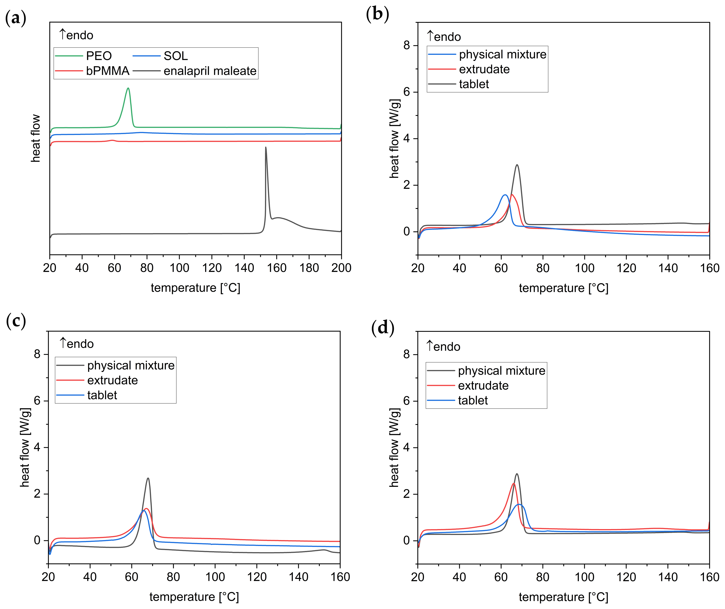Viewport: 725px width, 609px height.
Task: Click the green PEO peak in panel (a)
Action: pyautogui.click(x=128, y=88)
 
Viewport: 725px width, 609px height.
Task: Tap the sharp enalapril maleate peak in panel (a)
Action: pyautogui.click(x=266, y=148)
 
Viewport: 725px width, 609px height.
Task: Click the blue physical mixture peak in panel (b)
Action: pyautogui.click(x=505, y=195)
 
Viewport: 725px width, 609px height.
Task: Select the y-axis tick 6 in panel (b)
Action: pyautogui.click(x=407, y=92)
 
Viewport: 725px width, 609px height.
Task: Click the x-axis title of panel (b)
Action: pyautogui.click(x=563, y=288)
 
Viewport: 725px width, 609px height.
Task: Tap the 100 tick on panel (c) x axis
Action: pyautogui.click(x=215, y=577)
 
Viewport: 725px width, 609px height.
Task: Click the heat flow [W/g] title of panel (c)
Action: pyautogui.click(x=25, y=447)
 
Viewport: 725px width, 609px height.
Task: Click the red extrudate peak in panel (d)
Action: pyautogui.click(x=513, y=484)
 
